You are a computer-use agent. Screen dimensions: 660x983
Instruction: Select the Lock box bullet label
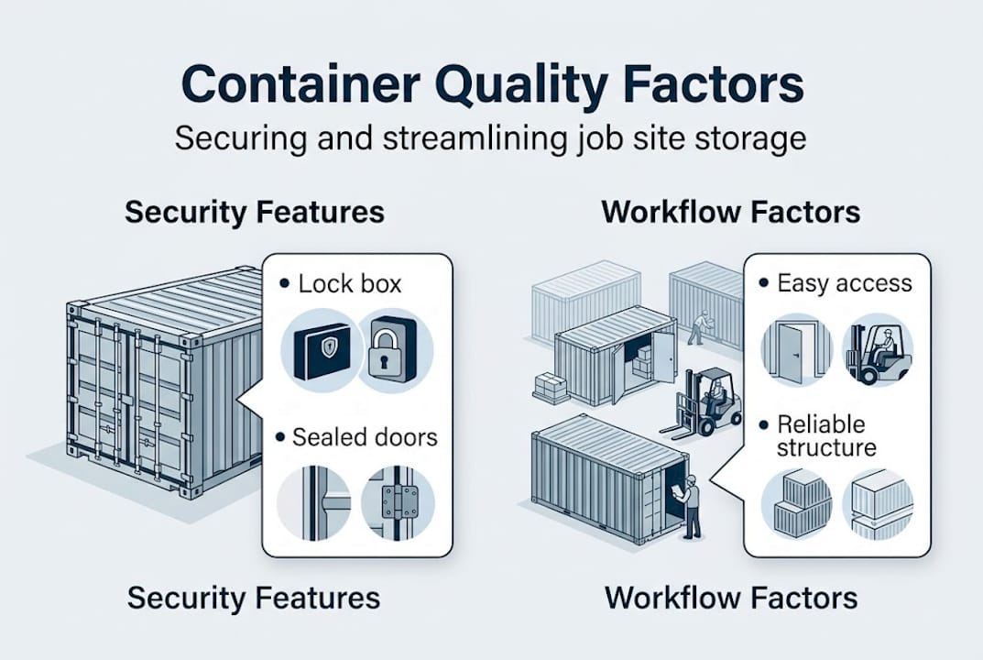349,284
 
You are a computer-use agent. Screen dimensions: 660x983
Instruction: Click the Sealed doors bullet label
365,436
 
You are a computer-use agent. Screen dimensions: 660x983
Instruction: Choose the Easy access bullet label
844,283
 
